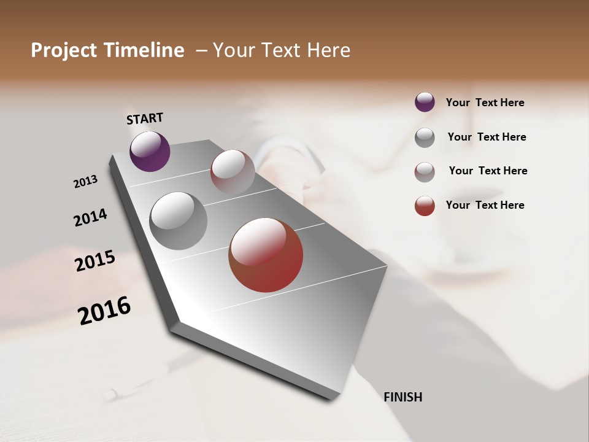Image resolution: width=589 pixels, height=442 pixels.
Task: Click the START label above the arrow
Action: click(145, 118)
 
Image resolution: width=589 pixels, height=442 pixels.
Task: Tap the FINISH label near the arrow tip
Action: click(403, 397)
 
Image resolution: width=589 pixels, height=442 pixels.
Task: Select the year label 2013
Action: click(85, 182)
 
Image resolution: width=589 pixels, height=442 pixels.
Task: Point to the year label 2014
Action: click(90, 217)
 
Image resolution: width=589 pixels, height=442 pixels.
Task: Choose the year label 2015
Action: click(95, 261)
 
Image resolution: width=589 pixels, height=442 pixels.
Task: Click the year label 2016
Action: click(104, 311)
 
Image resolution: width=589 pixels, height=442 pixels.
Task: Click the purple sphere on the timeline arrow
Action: click(150, 151)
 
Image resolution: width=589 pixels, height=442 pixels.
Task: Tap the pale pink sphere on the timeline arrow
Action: click(233, 172)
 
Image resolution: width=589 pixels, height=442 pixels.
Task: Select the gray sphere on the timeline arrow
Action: click(179, 221)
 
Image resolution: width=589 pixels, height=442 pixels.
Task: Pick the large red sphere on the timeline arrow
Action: click(266, 255)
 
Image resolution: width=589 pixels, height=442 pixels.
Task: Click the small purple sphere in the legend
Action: click(425, 102)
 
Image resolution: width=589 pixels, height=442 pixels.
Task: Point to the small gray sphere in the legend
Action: click(425, 138)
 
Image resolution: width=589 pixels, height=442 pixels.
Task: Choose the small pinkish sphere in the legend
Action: click(425, 172)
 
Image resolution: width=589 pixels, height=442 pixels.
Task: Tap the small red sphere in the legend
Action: click(425, 206)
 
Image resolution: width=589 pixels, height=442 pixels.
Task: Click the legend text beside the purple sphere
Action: click(485, 103)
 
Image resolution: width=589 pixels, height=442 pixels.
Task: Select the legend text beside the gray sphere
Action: click(487, 137)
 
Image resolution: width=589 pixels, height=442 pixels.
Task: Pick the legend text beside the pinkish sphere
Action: click(488, 171)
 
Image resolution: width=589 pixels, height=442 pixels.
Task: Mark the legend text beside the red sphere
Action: click(485, 205)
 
